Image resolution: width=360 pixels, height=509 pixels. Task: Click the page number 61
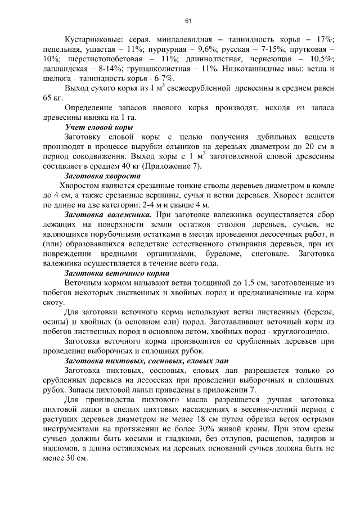(188, 21)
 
